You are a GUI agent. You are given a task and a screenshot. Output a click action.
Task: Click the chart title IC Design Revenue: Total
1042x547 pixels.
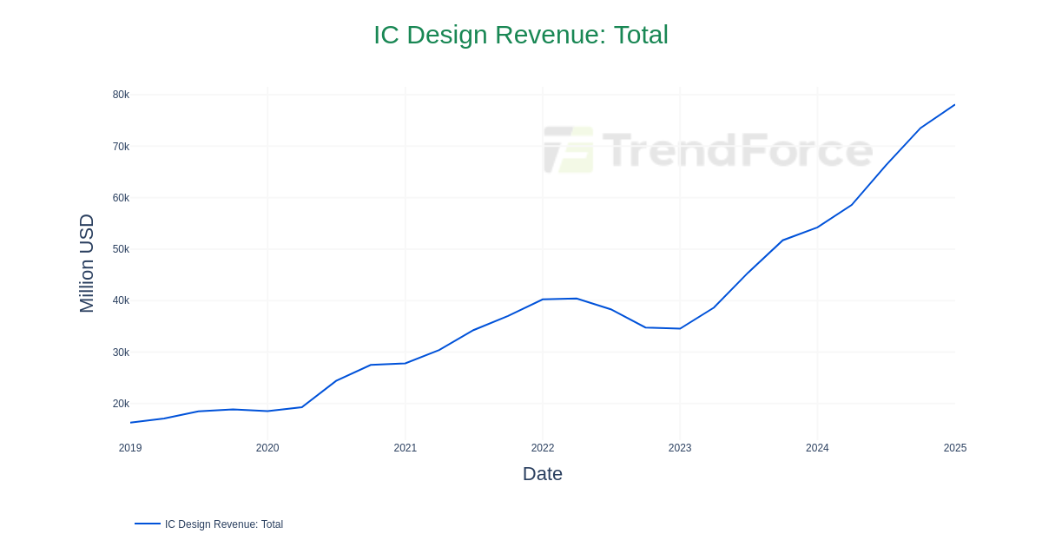(x=521, y=35)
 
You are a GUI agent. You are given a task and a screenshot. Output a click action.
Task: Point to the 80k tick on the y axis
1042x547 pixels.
(x=121, y=95)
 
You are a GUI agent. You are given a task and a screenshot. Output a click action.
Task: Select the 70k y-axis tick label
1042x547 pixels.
(x=121, y=147)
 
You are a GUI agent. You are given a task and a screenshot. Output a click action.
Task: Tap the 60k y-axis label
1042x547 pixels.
(x=121, y=198)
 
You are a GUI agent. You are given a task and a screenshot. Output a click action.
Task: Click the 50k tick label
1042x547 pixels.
(x=121, y=249)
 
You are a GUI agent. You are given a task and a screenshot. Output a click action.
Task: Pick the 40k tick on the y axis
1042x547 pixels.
(x=121, y=300)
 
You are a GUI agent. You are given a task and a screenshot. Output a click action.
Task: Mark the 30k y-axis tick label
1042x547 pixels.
(x=121, y=353)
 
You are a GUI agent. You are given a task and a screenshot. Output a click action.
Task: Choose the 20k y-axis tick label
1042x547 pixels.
(x=121, y=404)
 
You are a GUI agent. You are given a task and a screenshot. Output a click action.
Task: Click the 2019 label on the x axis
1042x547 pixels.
(x=130, y=448)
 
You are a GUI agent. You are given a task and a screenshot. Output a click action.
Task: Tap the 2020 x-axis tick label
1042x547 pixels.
(x=267, y=448)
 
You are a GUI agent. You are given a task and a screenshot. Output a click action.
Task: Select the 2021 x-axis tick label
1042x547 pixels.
(x=406, y=448)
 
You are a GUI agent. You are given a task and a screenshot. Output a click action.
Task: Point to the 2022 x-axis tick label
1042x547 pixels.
(x=543, y=448)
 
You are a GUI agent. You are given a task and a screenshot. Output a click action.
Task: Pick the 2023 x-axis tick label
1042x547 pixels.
(x=680, y=448)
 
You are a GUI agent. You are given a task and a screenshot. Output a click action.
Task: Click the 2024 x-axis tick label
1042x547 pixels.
(x=817, y=448)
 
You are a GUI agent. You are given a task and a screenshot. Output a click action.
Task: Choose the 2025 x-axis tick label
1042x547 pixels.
(x=955, y=448)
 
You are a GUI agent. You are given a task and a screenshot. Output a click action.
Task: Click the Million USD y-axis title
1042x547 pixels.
(x=87, y=263)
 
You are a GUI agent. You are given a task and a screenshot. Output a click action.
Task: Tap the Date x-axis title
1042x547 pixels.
(x=543, y=474)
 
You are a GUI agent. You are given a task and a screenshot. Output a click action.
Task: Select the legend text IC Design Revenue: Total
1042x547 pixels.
(x=224, y=524)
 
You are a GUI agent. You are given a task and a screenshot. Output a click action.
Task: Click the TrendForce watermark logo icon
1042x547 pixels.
(x=569, y=149)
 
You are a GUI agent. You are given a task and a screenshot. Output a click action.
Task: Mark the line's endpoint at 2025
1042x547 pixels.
(x=954, y=105)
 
